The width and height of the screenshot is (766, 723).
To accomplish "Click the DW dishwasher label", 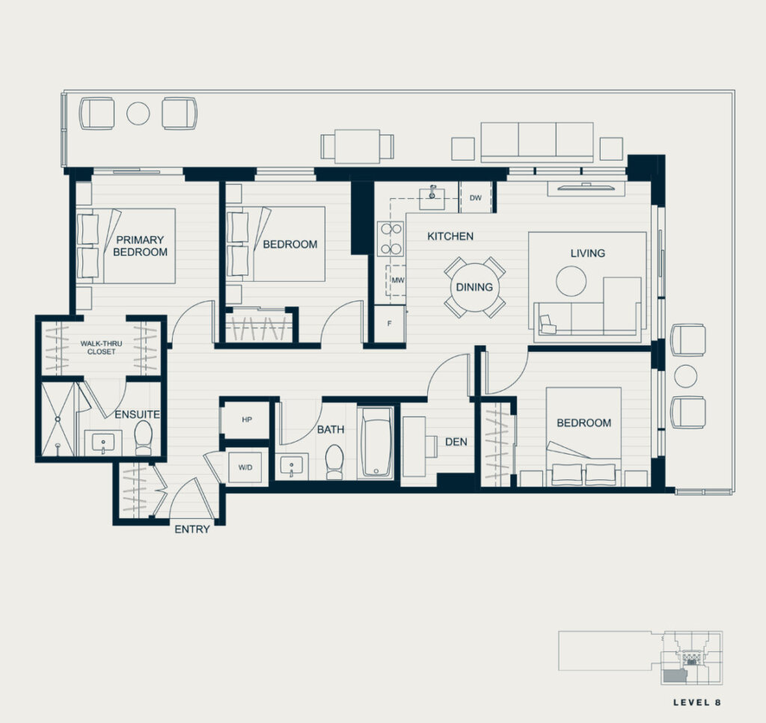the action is coord(475,197).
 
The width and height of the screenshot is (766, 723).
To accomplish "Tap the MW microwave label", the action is coord(398,280).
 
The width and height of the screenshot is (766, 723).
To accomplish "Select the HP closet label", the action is coord(247,419).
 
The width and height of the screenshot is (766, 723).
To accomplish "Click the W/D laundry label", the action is coord(245,467).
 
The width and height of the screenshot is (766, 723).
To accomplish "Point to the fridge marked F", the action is coord(389,324).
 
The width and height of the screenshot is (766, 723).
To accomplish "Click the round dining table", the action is coord(474,287).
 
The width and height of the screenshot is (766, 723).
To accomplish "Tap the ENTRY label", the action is coord(192,529).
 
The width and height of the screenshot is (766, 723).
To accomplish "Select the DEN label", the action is coord(456,442).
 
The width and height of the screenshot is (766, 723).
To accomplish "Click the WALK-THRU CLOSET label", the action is coord(101,348).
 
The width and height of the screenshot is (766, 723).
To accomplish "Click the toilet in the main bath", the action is coord(334,461).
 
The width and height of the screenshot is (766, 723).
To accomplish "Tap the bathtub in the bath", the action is coord(376,442).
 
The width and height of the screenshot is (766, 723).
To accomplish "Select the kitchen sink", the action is coord(432,197).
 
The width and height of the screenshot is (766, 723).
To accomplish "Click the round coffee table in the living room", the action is coord(571,280).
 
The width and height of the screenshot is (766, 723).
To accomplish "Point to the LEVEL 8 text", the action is coord(696,703).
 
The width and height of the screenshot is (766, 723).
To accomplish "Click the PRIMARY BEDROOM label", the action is coord(140,246).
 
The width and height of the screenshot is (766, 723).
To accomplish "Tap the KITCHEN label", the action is coord(450,236).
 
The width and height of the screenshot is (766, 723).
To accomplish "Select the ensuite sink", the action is coord(103,443).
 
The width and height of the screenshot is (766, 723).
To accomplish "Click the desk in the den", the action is coord(414,446).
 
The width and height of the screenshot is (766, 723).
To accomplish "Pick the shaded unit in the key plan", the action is coord(675,677).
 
